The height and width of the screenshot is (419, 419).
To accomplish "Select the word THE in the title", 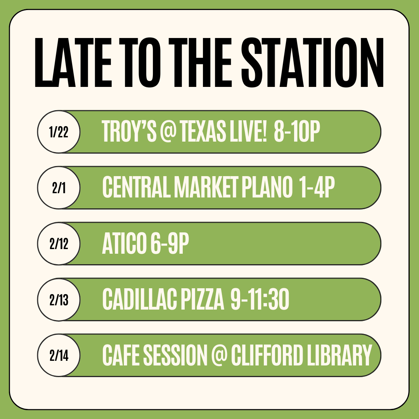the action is click(200, 62).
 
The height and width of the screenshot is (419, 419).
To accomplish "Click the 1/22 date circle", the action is click(59, 132).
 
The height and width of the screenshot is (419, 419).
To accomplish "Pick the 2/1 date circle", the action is click(59, 188).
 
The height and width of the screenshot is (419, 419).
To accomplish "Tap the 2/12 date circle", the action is click(59, 243).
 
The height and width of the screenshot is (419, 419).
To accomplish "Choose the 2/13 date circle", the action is click(59, 299).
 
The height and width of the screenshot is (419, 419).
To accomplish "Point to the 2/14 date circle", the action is click(59, 355).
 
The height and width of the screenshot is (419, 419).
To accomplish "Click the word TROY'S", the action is click(129, 131).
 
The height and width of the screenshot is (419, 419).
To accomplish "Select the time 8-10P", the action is click(297, 131).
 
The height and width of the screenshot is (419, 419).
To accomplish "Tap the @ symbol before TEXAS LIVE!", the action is click(168, 131).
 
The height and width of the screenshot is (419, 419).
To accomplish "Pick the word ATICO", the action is click(125, 243).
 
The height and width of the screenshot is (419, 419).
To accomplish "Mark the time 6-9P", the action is click(170, 243).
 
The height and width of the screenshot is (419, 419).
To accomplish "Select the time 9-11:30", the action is click(260, 299).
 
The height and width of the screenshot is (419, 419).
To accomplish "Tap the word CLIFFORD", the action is click(267, 355).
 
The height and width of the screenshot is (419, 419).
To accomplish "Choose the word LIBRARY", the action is click(339, 355).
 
